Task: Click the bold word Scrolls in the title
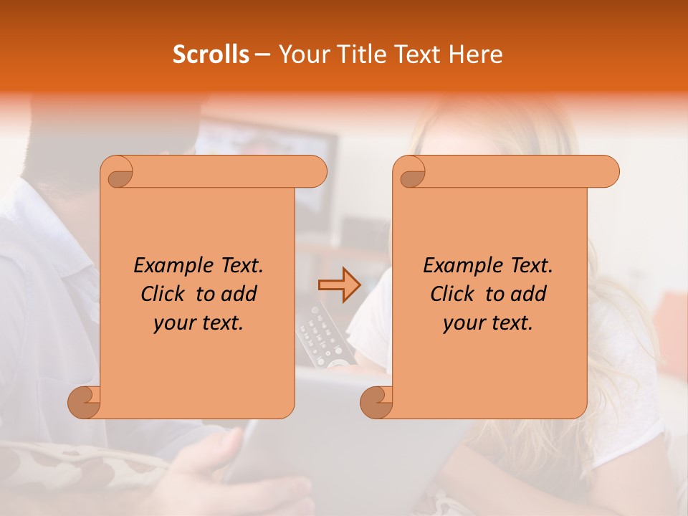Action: tap(211, 54)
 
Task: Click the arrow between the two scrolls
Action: tap(339, 285)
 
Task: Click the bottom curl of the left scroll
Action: tap(84, 402)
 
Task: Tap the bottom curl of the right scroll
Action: tap(376, 402)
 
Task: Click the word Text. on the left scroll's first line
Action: tap(239, 266)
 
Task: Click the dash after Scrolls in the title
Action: tap(262, 54)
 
